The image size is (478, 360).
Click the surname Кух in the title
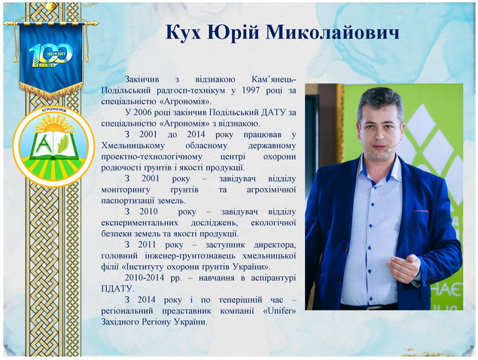183,32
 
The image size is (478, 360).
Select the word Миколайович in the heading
332,32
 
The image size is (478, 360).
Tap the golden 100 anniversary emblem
51,55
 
